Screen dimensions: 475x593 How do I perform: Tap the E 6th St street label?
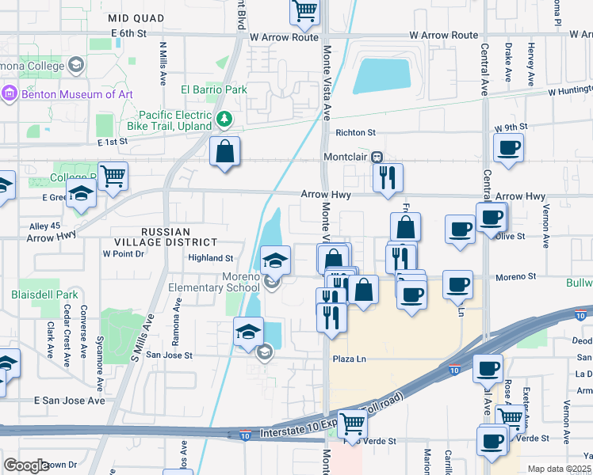tap(129, 34)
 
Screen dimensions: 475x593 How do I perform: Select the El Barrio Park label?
tap(214, 89)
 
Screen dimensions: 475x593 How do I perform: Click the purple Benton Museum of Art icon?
tap(10, 94)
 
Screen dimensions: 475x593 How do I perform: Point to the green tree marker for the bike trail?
tap(225, 120)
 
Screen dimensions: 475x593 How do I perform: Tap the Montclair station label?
tap(346, 157)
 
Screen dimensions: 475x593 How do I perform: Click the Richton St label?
tap(354, 133)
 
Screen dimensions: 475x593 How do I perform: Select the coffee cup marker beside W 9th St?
tap(508, 146)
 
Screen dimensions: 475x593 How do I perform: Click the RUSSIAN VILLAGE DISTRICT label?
tap(178, 237)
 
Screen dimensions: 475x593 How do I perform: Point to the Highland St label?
tap(210, 258)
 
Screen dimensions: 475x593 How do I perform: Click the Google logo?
tap(26, 465)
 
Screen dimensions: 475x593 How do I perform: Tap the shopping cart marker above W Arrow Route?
tap(304, 11)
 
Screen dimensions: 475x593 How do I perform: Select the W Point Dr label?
tap(124, 254)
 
